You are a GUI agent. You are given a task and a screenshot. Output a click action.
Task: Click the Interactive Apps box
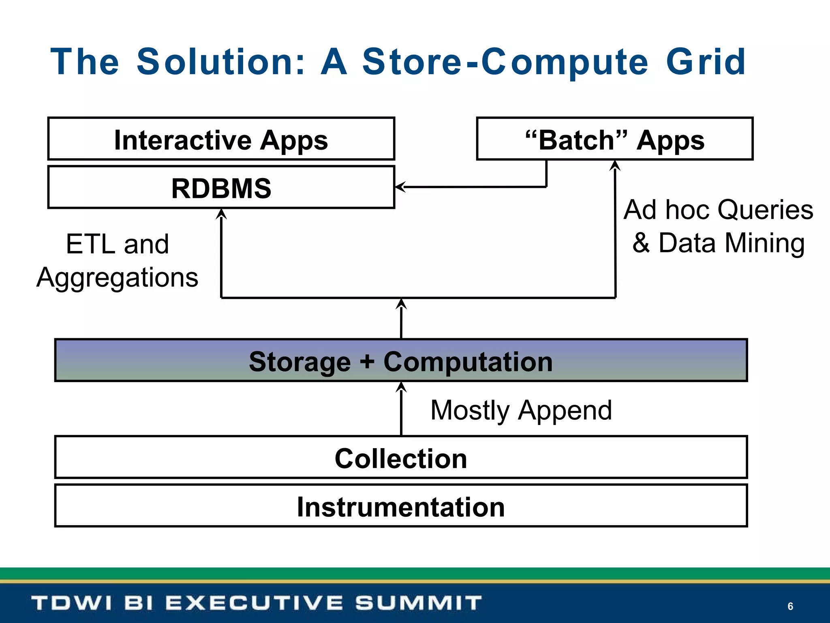[221, 139]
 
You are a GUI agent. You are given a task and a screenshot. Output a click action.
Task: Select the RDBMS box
[221, 188]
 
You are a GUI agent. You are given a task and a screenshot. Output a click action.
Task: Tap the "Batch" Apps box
[614, 139]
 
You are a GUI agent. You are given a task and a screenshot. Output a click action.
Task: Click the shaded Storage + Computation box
[401, 361]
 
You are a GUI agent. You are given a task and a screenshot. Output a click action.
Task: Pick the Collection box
[401, 458]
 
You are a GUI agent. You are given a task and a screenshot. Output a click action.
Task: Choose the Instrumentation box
[401, 506]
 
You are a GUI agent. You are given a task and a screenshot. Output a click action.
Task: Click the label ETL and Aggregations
[118, 260]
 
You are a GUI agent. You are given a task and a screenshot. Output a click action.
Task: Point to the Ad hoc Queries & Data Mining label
[718, 226]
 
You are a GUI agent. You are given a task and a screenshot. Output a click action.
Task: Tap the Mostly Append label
[521, 410]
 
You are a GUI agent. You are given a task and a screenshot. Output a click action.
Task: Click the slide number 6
[790, 606]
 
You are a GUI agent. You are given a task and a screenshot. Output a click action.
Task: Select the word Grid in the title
[706, 62]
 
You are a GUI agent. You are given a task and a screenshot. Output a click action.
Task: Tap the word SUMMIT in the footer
[418, 603]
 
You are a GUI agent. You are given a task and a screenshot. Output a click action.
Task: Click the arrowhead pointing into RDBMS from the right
[400, 187]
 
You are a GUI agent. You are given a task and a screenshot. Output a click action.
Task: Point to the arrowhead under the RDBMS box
[221, 214]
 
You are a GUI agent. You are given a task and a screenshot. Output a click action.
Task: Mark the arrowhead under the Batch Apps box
[615, 165]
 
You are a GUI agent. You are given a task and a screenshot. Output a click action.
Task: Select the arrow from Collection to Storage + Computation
[401, 410]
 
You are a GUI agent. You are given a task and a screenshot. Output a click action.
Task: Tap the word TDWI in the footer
[71, 603]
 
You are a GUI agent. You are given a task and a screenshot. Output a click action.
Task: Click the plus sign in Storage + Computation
[367, 361]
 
